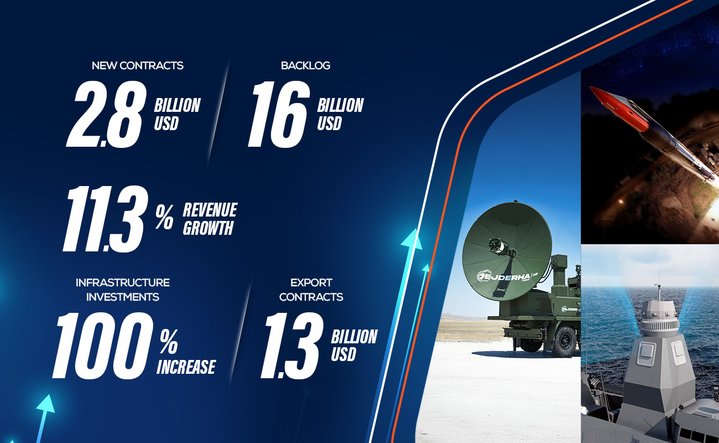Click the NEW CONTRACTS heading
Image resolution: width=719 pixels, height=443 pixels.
(138, 65)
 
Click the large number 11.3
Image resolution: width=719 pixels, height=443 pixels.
(105, 219)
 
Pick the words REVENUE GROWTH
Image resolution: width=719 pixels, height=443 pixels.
(210, 219)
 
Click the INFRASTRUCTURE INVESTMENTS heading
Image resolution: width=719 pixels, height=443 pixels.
(123, 290)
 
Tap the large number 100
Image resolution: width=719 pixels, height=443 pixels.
(103, 344)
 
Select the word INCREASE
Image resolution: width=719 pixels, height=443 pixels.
(186, 367)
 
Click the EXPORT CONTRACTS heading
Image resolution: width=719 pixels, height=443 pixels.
(311, 290)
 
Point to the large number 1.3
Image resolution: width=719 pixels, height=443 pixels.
(291, 344)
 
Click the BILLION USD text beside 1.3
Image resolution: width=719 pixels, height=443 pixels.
(354, 345)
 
